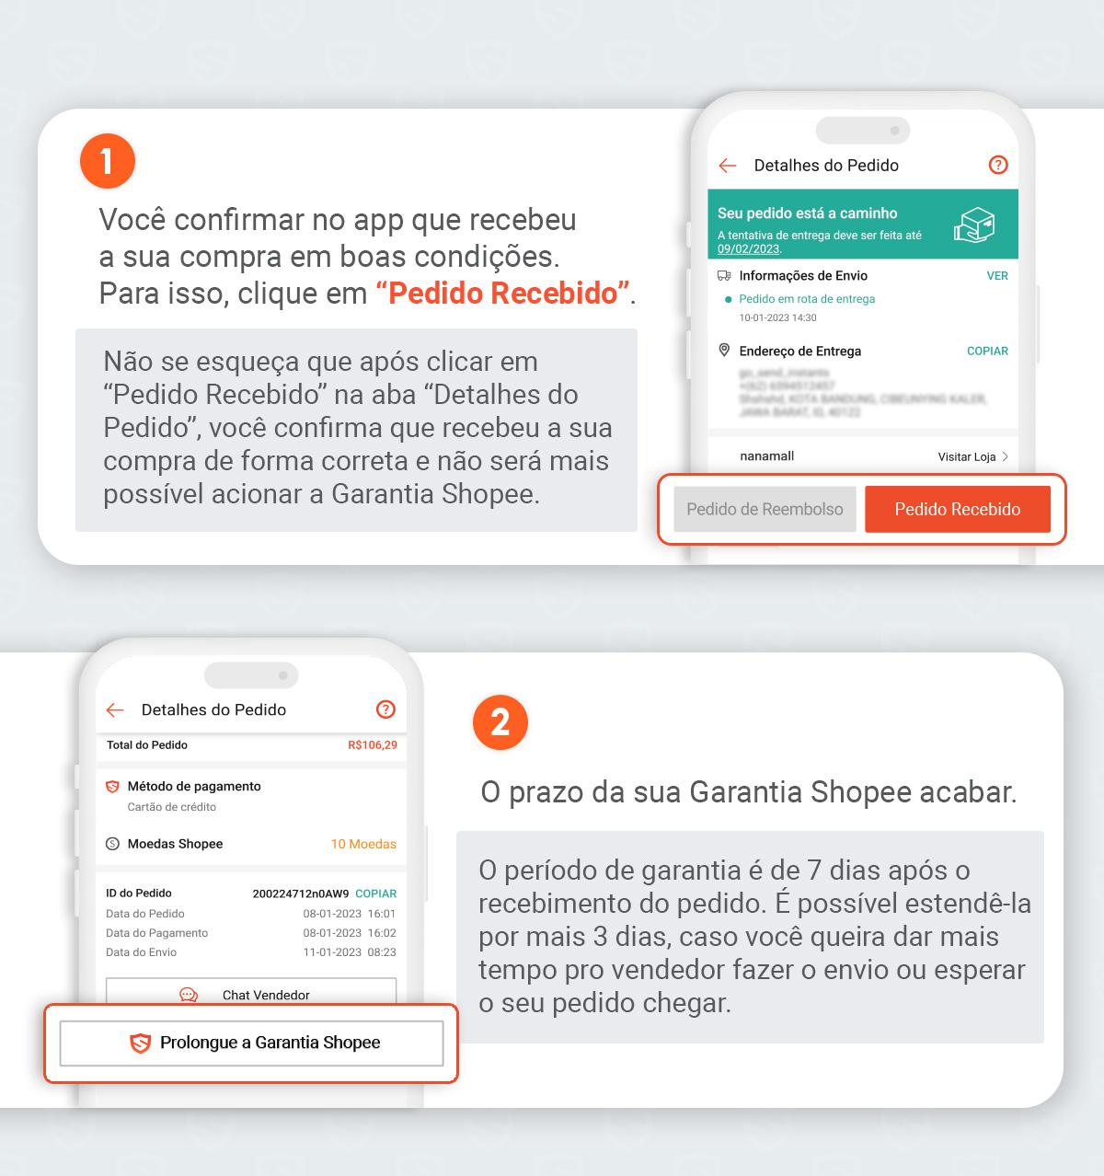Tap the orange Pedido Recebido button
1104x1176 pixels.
957,510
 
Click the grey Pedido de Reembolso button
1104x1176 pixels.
765,510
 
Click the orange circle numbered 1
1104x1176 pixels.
108,161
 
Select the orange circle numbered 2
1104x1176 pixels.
500,722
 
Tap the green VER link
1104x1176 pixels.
997,276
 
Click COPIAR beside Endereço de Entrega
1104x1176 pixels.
987,352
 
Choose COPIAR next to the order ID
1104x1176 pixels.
375,894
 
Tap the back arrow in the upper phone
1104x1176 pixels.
728,166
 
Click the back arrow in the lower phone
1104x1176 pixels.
115,709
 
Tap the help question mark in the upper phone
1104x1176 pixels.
998,165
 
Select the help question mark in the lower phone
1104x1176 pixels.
385,709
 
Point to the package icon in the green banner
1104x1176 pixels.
974,225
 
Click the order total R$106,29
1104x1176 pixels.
373,745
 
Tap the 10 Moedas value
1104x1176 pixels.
363,844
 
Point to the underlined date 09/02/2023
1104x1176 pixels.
748,249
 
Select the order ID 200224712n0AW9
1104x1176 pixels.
301,894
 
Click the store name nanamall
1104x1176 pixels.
766,456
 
